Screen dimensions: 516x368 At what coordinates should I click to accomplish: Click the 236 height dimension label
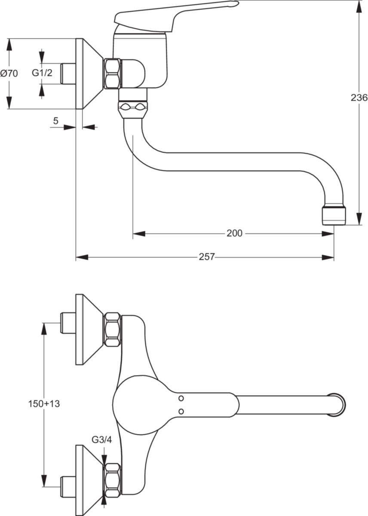pyautogui.click(x=359, y=98)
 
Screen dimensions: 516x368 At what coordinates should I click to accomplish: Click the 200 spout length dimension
pyautogui.click(x=234, y=233)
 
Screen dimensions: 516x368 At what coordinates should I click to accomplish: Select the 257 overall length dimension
pyautogui.click(x=207, y=257)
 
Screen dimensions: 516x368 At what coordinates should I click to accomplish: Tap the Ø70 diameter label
pyautogui.click(x=9, y=74)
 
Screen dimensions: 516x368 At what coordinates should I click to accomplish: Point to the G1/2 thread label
pyautogui.click(x=42, y=73)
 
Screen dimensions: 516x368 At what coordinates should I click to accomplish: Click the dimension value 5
pyautogui.click(x=55, y=121)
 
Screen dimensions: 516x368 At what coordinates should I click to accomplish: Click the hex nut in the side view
pyautogui.click(x=113, y=74)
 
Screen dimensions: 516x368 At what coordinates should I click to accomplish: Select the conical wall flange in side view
pyautogui.click(x=88, y=74)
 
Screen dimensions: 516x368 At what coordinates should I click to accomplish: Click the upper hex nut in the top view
pyautogui.click(x=113, y=329)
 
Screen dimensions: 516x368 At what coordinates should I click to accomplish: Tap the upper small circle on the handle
pyautogui.click(x=181, y=398)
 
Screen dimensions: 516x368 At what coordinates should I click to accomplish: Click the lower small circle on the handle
pyautogui.click(x=181, y=412)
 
